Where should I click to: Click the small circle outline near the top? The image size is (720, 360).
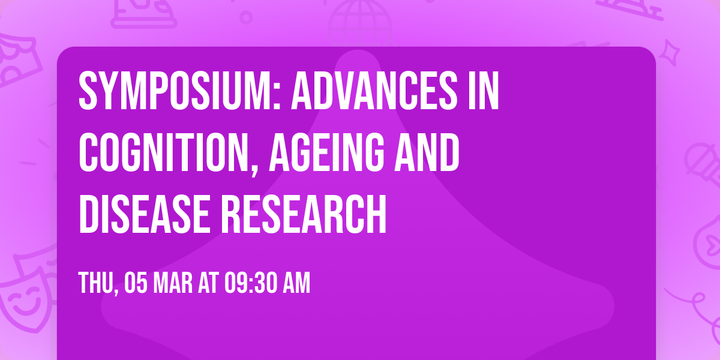[246, 17]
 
